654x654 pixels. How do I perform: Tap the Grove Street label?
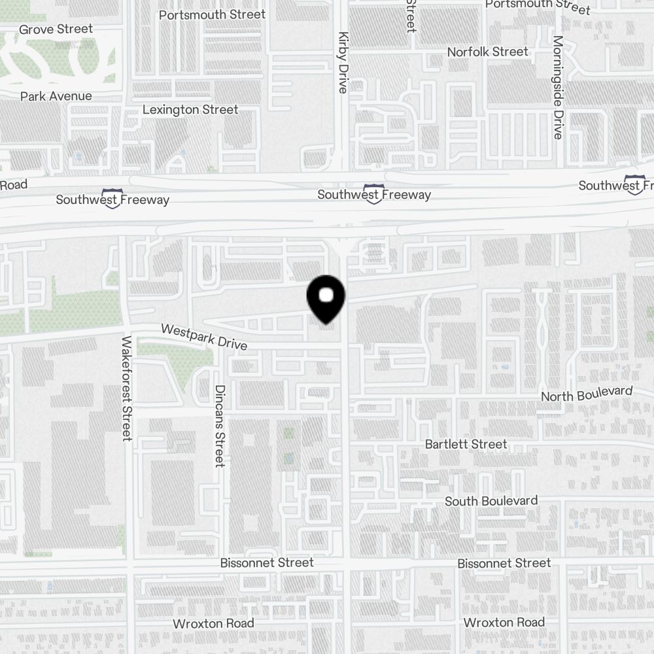56,29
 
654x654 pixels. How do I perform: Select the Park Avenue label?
56,96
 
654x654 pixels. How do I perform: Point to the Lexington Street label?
190,109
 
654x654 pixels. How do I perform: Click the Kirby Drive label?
342,63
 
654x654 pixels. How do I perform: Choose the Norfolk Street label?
487,52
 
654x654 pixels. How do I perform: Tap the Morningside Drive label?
557,88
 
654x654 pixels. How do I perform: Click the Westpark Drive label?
204,336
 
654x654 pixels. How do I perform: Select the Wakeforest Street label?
127,388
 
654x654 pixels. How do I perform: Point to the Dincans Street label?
220,426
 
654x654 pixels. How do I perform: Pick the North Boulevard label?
587,394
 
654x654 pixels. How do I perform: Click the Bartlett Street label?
466,444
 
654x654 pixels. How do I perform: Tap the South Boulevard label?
491,501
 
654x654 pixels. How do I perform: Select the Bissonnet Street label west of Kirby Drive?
267,562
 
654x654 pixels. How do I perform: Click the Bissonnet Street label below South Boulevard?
504,563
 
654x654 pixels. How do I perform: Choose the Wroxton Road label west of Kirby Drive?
213,623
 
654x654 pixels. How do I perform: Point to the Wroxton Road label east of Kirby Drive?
504,622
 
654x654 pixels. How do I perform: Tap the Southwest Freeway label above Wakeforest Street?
112,199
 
